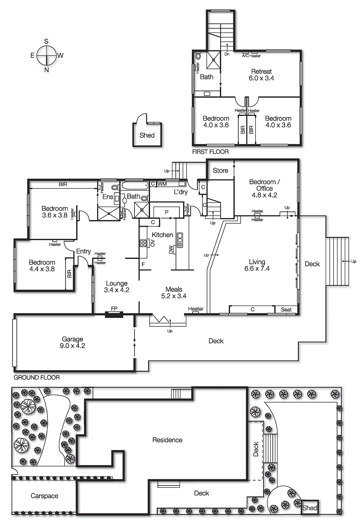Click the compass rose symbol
coord(46,55)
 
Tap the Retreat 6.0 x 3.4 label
coord(261,75)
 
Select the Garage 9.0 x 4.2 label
coord(73,342)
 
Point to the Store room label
coord(220,170)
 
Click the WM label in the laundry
coord(162,184)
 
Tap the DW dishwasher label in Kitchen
coord(171,250)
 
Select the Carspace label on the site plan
coord(45,496)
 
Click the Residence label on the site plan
coord(167,440)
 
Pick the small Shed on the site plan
coord(310,508)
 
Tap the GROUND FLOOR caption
coord(37,377)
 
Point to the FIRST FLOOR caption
coord(210,152)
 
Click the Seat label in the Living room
coord(286,310)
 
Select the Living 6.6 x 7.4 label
coord(257,265)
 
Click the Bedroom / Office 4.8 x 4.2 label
coord(264,188)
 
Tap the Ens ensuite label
coord(108,197)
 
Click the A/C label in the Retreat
coord(245,56)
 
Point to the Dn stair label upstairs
coord(227,54)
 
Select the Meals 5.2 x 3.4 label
coord(174,292)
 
